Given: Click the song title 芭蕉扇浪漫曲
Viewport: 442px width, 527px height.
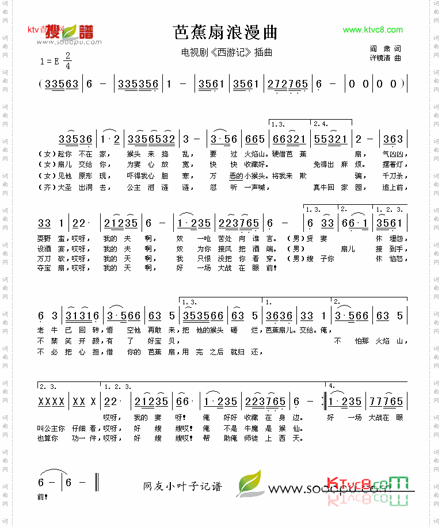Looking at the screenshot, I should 226,33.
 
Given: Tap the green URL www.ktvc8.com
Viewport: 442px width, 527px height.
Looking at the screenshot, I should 372,30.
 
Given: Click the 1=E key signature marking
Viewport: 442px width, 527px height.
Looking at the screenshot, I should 51,61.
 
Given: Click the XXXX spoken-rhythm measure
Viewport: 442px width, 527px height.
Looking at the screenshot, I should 52,402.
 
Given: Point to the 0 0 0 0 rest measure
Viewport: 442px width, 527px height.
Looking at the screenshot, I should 376,84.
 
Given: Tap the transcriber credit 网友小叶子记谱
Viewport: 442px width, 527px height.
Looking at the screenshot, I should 182,487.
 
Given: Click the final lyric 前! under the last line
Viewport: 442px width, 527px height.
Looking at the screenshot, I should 42,497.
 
